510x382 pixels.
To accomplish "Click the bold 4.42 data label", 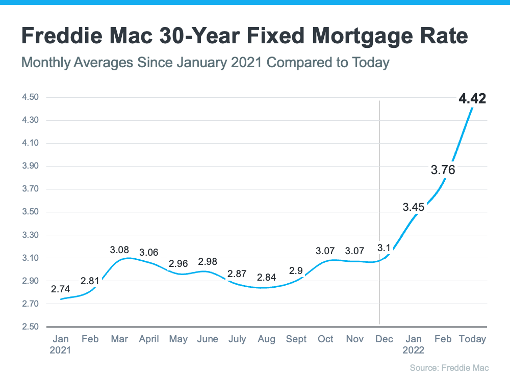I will click(x=472, y=99).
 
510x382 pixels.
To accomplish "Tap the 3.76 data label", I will click(x=443, y=170).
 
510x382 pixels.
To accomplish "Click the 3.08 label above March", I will click(x=120, y=250).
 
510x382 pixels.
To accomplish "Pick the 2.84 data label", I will click(x=267, y=278).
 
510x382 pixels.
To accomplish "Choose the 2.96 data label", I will click(x=178, y=264).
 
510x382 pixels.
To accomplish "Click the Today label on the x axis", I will click(x=472, y=339).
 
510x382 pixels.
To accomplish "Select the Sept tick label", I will click(x=296, y=339).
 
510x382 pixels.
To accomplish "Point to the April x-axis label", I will click(x=149, y=339).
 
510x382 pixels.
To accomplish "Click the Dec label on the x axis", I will click(x=384, y=339).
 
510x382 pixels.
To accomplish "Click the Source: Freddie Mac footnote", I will click(x=448, y=367).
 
